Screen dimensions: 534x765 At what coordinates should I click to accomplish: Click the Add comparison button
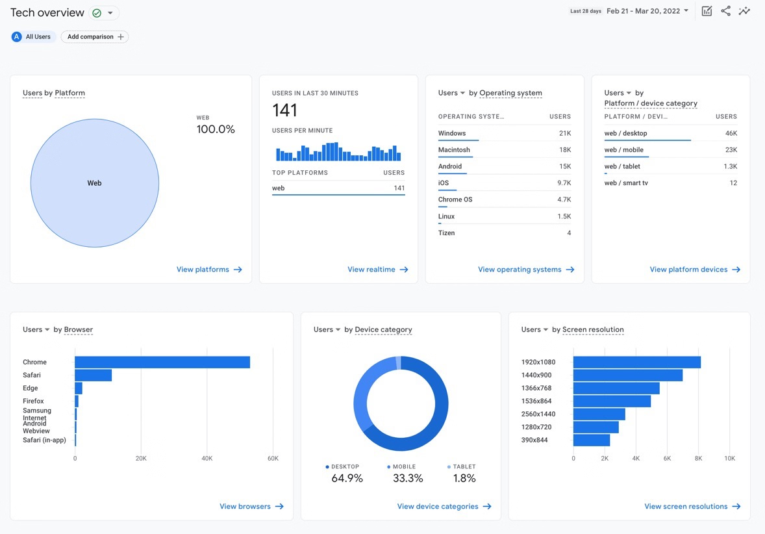pos(95,37)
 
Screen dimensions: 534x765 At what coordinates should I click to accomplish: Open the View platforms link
pos(209,270)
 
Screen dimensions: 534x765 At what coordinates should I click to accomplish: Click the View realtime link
pos(377,270)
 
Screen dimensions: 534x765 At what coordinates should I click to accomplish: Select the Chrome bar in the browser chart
pos(162,362)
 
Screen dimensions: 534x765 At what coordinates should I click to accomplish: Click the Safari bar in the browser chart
pos(93,375)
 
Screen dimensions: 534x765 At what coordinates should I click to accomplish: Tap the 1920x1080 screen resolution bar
pos(636,362)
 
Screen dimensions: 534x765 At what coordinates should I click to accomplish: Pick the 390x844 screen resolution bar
pos(592,440)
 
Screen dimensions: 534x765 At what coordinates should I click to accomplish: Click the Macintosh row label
pos(454,150)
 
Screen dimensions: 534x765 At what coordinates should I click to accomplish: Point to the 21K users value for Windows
pos(564,133)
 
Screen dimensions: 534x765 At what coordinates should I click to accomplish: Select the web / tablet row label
pos(622,166)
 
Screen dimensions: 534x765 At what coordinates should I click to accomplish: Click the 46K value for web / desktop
pos(731,133)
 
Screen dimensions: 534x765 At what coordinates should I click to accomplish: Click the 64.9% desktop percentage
pos(347,479)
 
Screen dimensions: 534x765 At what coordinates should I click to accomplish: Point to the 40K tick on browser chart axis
pos(207,459)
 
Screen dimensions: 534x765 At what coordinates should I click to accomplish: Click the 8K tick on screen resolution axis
pos(698,459)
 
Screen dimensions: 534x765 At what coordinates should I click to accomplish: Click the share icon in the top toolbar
pos(725,11)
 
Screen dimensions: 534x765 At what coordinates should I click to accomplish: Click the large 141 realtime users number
pos(284,110)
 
